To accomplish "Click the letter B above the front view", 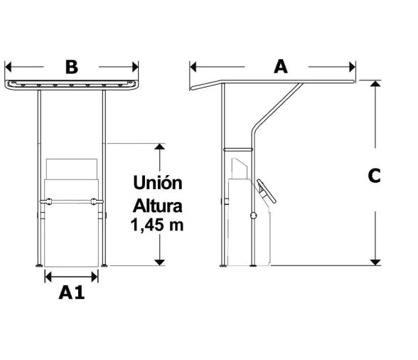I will [x=71, y=67].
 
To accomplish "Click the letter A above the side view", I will [x=282, y=66].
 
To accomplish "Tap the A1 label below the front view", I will [x=71, y=292].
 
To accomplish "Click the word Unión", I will [x=158, y=183].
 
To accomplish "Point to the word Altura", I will [x=158, y=206].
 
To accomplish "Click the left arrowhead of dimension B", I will [x=9, y=67].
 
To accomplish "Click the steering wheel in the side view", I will [x=264, y=190].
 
